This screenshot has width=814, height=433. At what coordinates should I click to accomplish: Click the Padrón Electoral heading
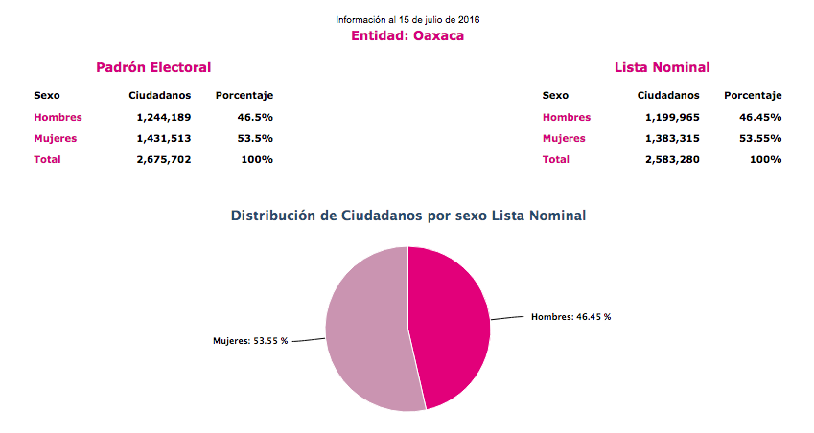153,67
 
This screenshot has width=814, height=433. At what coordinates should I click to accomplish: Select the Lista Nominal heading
662,67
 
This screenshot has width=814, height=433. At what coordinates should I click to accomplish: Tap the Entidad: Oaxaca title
407,35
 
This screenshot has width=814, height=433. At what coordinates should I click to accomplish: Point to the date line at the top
407,19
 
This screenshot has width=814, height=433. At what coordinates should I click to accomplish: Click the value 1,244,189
164,117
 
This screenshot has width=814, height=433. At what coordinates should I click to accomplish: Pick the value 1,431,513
164,138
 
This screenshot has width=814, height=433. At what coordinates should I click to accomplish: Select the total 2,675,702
164,159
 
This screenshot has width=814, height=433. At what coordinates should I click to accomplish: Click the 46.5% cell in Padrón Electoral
255,117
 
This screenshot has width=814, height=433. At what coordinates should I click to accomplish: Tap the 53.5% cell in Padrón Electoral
255,138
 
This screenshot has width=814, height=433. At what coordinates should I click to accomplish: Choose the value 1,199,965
672,117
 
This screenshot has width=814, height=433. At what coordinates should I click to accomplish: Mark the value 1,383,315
672,138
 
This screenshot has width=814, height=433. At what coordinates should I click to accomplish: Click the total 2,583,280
672,159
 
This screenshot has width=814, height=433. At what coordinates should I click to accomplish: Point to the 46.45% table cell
760,117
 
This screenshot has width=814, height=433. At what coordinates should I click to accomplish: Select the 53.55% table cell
760,138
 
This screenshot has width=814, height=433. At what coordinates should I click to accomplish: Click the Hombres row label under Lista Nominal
567,117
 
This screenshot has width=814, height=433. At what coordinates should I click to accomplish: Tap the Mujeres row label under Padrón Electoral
55,138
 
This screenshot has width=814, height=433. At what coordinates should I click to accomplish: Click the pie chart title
408,216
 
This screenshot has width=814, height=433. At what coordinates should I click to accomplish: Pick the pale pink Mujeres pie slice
369,330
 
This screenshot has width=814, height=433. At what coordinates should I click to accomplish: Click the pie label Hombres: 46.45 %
570,316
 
